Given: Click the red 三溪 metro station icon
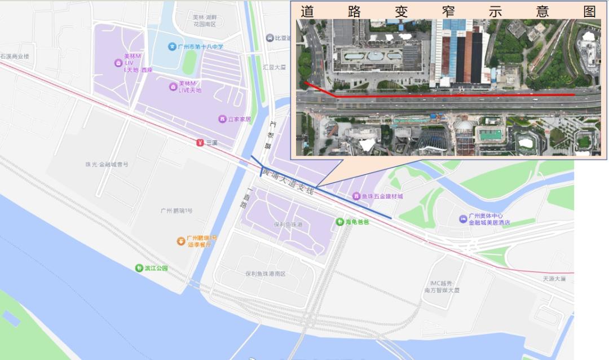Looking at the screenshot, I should coord(200,143).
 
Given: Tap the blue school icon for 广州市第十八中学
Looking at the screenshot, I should coord(171,46).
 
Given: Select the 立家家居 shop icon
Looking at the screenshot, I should coord(222,119).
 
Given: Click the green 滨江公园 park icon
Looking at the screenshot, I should coord(139,267).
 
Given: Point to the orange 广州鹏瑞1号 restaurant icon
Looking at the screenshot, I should coord(180,241).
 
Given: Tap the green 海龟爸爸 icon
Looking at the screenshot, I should coord(340,222).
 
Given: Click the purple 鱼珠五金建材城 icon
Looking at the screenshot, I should coord(356,196).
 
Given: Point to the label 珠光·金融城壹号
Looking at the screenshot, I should coord(107,164).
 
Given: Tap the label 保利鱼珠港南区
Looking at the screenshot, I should coord(266,274).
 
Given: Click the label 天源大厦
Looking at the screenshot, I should coord(554,278).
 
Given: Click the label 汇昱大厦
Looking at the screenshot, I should coord(275,67).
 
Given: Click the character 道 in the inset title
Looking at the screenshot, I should coord(307,11).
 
